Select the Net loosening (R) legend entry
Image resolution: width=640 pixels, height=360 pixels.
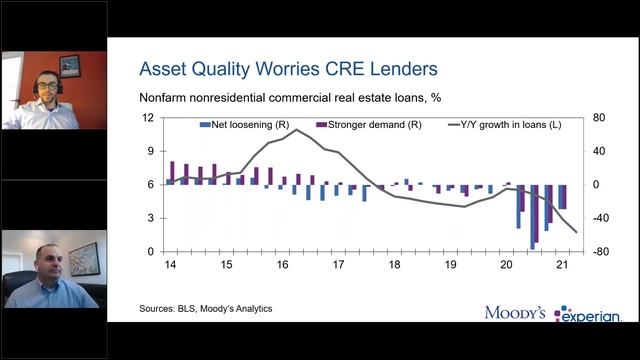(x=236, y=126)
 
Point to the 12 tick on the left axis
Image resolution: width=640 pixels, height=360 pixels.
(x=147, y=118)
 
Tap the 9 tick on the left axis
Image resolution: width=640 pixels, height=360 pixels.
(x=150, y=151)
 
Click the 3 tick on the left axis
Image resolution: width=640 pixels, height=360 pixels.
(x=150, y=218)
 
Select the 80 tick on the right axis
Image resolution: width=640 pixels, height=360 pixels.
(x=598, y=118)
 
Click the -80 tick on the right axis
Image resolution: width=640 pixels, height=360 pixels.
(x=600, y=252)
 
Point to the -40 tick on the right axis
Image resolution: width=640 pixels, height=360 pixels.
(x=600, y=218)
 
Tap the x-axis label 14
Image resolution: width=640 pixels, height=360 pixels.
(x=171, y=265)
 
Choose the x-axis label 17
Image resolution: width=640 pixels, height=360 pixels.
(x=338, y=265)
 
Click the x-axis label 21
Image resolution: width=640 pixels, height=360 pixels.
(x=562, y=265)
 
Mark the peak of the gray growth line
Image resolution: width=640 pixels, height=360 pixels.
(x=294, y=130)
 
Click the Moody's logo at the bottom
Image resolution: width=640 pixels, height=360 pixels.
(x=514, y=313)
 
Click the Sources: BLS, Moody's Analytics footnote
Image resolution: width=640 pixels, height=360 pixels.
(x=205, y=309)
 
